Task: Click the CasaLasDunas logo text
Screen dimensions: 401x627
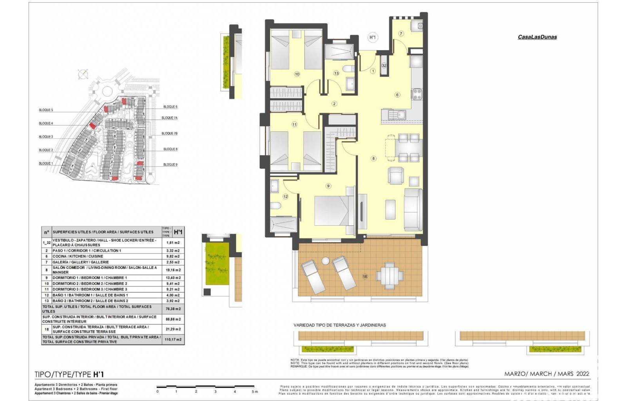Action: click(x=537, y=37)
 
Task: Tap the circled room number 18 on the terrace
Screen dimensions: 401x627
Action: click(x=365, y=276)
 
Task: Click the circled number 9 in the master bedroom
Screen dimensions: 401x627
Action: click(x=328, y=186)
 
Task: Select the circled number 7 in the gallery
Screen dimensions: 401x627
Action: click(x=401, y=34)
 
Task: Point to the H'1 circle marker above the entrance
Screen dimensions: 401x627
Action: click(x=372, y=38)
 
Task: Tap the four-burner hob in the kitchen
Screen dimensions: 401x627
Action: click(x=417, y=94)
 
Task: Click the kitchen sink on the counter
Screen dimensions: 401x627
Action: click(x=400, y=115)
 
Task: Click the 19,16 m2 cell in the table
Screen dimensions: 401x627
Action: click(x=173, y=270)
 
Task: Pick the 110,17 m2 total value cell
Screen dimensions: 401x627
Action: click(x=173, y=339)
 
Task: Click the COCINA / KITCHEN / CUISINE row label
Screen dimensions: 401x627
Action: click(x=78, y=256)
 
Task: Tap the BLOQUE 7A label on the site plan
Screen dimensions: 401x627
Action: click(x=169, y=118)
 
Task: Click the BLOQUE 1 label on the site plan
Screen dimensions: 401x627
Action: click(x=45, y=163)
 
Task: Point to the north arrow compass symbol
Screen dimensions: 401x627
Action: click(x=83, y=74)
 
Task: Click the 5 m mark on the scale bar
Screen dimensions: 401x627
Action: click(x=255, y=391)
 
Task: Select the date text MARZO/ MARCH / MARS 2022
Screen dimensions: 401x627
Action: click(x=546, y=374)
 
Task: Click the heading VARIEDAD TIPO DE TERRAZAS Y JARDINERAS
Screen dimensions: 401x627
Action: click(x=339, y=325)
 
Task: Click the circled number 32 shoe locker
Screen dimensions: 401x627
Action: click(x=384, y=65)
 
